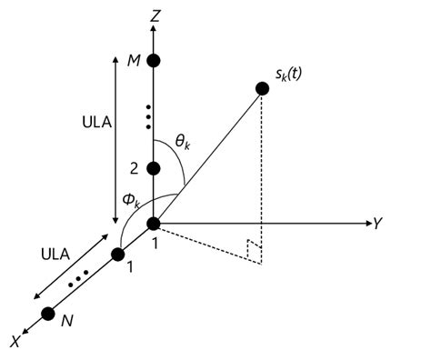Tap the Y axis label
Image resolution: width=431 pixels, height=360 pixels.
[x=375, y=223]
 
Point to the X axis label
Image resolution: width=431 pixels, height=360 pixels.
[x=15, y=342]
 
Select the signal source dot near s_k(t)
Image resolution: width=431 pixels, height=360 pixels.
[x=262, y=88]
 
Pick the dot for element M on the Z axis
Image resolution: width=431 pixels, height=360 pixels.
[x=154, y=61]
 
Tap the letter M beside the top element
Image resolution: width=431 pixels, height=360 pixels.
[x=133, y=61]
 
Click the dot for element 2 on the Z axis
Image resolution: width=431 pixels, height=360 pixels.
[x=154, y=168]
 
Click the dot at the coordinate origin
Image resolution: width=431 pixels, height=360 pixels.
[x=154, y=224]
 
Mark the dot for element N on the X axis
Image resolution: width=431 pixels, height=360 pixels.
[x=48, y=314]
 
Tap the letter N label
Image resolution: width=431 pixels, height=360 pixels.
[x=65, y=321]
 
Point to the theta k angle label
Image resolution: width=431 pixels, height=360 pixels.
[x=185, y=143]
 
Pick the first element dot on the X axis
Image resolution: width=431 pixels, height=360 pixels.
[x=117, y=255]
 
